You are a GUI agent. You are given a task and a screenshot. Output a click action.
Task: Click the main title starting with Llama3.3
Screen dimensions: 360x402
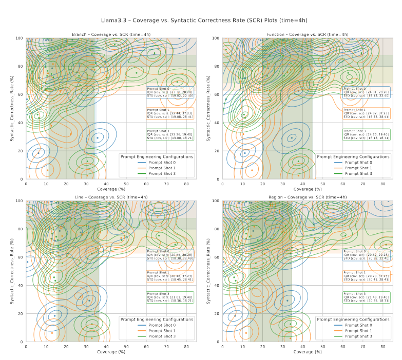(x=201, y=20)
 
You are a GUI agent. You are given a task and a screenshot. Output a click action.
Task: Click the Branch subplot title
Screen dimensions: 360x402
(x=111, y=34)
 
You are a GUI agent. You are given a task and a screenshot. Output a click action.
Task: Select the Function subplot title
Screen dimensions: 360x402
(x=308, y=34)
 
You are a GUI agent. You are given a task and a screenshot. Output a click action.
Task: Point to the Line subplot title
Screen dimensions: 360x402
(x=111, y=197)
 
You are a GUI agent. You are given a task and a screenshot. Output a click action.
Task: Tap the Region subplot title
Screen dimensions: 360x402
(x=308, y=197)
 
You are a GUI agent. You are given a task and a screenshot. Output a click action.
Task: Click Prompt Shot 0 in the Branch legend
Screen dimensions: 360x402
(x=160, y=163)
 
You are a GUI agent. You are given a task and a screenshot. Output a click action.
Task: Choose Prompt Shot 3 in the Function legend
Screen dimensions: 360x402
(x=356, y=173)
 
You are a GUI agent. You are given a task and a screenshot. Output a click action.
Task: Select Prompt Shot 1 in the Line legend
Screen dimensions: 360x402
(x=160, y=331)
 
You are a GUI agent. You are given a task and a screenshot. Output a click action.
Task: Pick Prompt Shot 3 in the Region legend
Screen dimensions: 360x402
(x=356, y=336)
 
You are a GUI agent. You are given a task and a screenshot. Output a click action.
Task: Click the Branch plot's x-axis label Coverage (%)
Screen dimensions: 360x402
(x=111, y=189)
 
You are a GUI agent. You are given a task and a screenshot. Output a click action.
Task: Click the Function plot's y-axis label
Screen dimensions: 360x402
(x=208, y=109)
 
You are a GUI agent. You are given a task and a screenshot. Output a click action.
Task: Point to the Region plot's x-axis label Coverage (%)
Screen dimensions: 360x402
(x=308, y=352)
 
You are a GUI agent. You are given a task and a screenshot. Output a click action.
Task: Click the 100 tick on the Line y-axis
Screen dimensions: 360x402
(x=21, y=201)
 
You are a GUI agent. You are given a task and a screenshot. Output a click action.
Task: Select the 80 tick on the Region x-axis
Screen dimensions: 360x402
(x=383, y=346)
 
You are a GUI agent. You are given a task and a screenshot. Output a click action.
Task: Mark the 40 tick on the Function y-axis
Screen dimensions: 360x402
(x=217, y=123)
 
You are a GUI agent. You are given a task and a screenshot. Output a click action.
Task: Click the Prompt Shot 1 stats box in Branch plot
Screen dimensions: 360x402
(x=170, y=113)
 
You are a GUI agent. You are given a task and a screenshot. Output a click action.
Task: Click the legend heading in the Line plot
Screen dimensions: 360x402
(x=157, y=319)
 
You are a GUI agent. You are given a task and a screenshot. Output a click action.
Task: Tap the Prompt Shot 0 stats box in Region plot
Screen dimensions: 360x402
(x=366, y=255)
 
